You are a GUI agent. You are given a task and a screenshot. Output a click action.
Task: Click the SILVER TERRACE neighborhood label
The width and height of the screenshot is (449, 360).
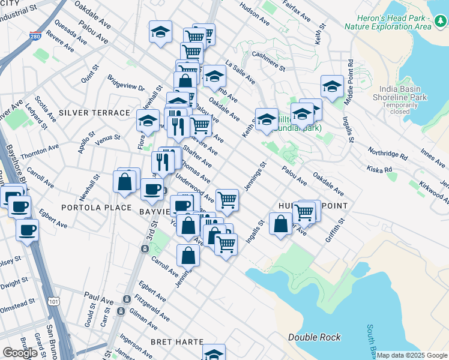click(x=94, y=113)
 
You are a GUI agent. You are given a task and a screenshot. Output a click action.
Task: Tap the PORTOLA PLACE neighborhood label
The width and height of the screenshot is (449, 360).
click(x=96, y=208)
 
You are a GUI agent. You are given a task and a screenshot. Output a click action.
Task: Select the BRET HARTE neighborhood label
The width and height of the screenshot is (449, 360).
click(x=177, y=341)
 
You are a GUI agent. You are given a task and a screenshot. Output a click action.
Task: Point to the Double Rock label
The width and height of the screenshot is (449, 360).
click(x=314, y=337)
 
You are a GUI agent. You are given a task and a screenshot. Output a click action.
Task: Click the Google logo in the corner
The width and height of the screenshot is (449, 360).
click(x=20, y=352)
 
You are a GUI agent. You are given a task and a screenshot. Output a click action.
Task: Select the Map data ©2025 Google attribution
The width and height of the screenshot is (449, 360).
click(x=411, y=355)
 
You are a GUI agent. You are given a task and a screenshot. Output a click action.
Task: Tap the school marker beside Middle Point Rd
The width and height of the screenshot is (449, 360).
click(x=331, y=87)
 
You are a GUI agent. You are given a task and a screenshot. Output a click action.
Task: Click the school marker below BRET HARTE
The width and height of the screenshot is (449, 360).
click(x=214, y=353)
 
